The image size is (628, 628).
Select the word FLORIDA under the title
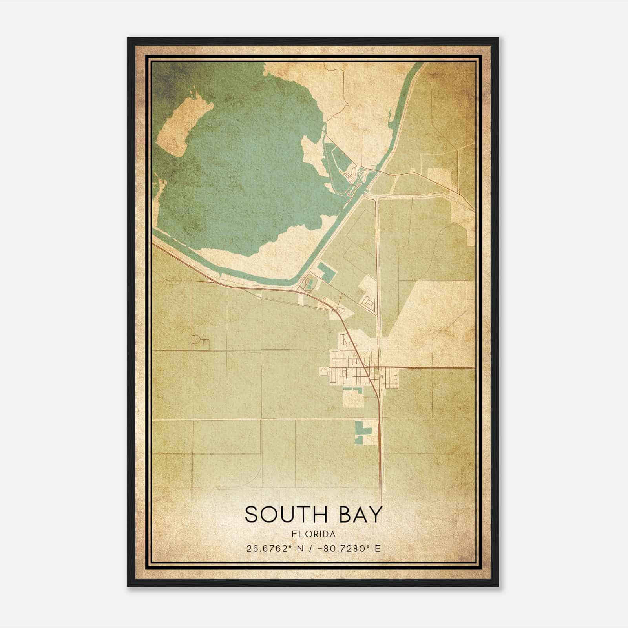(x=313, y=534)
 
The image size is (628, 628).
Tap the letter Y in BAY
(x=375, y=515)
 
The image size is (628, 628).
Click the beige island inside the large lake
(x=179, y=126)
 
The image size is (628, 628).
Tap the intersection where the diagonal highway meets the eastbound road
(x=369, y=368)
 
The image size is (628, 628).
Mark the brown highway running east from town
(x=432, y=368)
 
